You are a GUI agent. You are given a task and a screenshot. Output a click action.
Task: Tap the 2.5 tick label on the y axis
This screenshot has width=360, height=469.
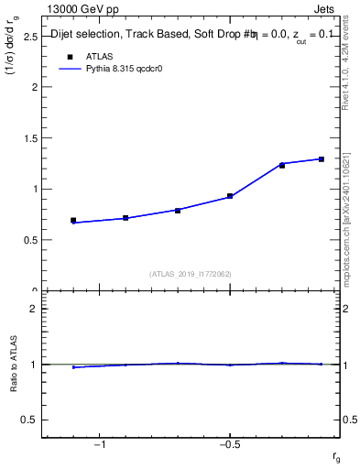click(x=29, y=37)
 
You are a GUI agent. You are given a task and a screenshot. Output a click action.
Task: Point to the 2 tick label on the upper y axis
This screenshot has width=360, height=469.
click(x=34, y=88)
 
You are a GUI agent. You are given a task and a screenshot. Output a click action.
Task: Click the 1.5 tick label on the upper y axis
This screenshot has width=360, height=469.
click(x=29, y=138)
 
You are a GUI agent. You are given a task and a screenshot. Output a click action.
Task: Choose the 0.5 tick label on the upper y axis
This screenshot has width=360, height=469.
click(x=29, y=240)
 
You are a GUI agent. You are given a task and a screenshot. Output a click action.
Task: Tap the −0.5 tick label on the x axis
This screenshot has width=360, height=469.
click(x=228, y=444)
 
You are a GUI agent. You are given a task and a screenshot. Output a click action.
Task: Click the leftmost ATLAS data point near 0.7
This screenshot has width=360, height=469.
click(x=73, y=221)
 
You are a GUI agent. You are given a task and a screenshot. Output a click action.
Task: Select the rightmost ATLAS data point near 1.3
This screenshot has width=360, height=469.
click(x=322, y=159)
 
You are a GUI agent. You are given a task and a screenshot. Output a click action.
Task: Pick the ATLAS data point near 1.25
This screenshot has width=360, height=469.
click(x=282, y=165)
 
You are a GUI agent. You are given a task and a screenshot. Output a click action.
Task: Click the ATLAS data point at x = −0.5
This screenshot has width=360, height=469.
click(x=230, y=196)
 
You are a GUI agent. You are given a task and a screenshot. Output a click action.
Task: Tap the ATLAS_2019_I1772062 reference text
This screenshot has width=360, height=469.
click(x=191, y=273)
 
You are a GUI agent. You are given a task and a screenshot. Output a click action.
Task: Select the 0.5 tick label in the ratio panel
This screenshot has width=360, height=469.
click(x=29, y=420)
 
